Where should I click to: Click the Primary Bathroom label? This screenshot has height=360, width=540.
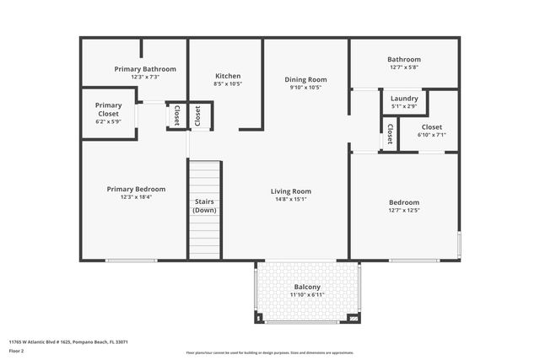[x=145, y=69]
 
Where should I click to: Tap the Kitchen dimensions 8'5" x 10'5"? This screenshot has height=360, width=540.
[x=228, y=84]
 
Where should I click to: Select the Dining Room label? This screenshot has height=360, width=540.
[x=305, y=79]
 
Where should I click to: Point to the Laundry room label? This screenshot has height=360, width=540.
[x=404, y=99]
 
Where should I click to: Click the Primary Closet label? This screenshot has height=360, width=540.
[x=108, y=109]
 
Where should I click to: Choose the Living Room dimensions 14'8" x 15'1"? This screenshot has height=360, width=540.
[x=291, y=200]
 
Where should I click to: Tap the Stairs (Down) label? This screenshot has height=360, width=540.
[x=204, y=205]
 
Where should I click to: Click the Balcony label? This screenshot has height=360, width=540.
[x=307, y=287]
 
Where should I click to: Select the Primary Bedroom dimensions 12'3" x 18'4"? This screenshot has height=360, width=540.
[x=136, y=197]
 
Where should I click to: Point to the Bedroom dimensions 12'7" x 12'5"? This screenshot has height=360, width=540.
[x=403, y=211]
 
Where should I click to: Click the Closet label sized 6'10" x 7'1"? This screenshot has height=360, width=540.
[x=432, y=126]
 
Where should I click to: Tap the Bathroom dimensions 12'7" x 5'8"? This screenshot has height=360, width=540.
[x=403, y=67]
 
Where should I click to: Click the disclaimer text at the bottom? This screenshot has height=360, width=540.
[x=270, y=352]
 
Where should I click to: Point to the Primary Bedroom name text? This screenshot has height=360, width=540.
[x=136, y=189]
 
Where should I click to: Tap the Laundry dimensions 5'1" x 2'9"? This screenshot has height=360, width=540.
[x=404, y=107]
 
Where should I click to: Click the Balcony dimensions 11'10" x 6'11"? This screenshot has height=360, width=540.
[x=307, y=295]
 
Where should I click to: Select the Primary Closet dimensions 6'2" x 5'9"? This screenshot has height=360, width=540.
[x=108, y=121]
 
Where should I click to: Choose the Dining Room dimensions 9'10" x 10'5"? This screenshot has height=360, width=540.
[x=305, y=88]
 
